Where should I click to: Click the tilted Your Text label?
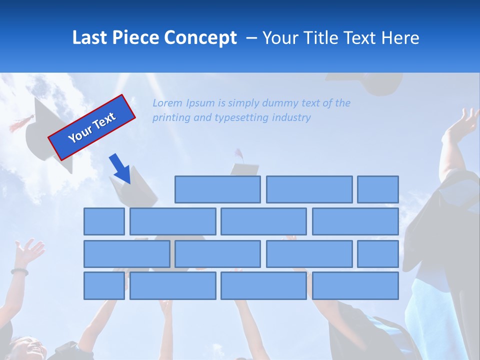92,127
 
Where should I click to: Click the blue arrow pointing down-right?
120,168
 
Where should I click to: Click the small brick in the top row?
378,189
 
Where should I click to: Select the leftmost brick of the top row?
217,189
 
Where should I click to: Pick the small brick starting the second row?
104,221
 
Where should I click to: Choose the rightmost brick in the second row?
355,221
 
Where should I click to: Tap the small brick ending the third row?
378,254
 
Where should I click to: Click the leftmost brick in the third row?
126,254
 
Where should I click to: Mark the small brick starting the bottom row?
104,286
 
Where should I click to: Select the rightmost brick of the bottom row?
355,286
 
